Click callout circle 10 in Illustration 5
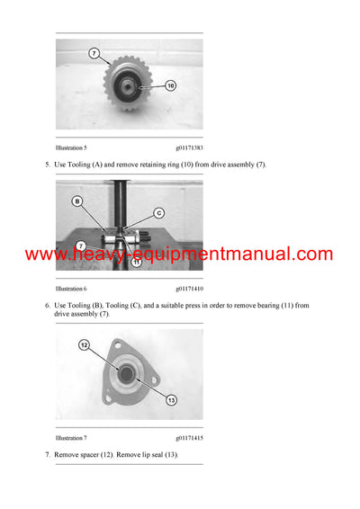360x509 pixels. point(170,86)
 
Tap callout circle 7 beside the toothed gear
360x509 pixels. point(94,54)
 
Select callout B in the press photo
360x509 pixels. point(77,201)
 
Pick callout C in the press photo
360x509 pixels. point(158,213)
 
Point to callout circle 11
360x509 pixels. point(137,263)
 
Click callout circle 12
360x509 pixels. point(84,344)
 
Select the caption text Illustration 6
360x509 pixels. point(71,289)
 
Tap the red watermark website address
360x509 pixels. point(179,254)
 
